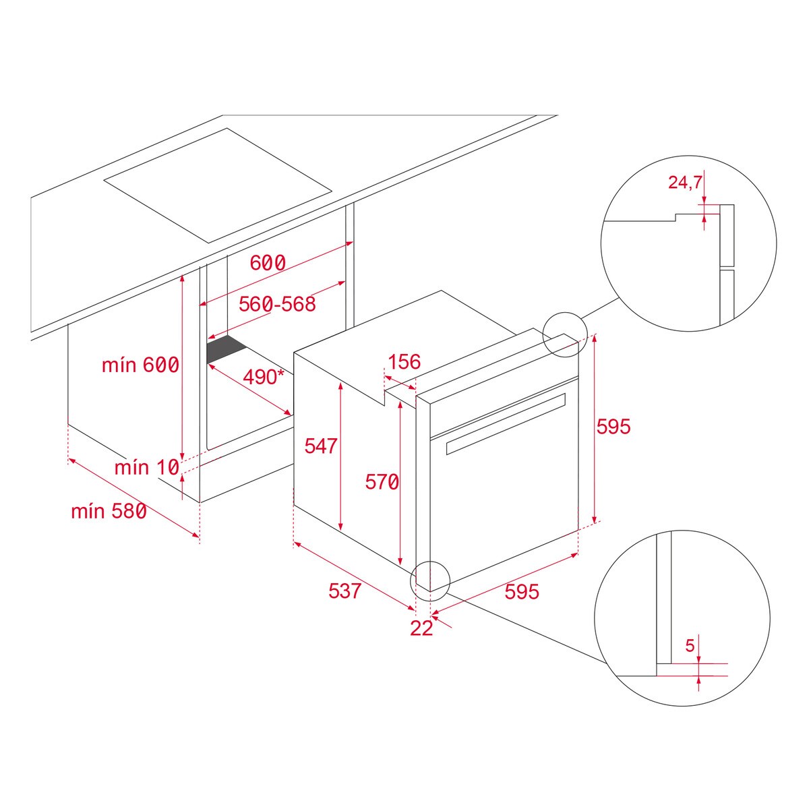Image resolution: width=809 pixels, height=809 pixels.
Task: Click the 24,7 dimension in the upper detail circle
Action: tap(685, 182)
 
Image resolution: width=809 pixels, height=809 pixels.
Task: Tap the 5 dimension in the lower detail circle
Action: tap(690, 645)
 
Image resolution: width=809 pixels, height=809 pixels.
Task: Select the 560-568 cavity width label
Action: tap(277, 304)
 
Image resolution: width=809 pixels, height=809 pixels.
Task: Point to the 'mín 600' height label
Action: tap(140, 365)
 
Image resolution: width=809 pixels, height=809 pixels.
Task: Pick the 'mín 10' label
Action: tap(146, 467)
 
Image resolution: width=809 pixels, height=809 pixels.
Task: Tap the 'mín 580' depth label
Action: tap(109, 512)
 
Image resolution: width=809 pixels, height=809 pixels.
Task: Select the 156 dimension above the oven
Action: tap(404, 362)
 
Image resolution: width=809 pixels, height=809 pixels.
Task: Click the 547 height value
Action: tap(320, 446)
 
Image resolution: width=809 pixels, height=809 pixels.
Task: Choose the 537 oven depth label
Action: tap(344, 591)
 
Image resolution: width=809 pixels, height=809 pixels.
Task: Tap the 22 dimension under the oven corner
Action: tap(421, 628)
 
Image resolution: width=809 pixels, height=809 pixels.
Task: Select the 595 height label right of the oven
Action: tap(613, 426)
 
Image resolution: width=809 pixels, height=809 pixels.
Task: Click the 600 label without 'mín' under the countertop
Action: tap(268, 263)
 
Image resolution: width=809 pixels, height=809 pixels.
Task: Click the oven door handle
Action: tap(506, 423)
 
